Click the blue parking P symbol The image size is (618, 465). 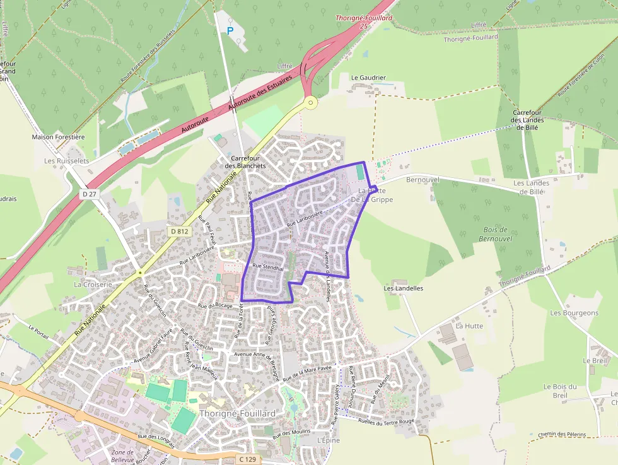(x=230, y=30)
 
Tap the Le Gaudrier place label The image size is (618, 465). (x=368, y=78)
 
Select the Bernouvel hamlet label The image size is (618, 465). (x=423, y=180)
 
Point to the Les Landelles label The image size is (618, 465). (x=404, y=288)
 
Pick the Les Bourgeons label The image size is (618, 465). (x=574, y=313)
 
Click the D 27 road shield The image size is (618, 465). (x=90, y=194)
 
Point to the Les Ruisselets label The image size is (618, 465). (x=66, y=161)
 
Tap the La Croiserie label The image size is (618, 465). (x=93, y=285)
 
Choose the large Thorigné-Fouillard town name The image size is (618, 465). (x=237, y=413)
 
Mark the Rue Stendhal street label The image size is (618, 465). (x=269, y=267)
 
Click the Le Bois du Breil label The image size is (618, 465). (x=560, y=391)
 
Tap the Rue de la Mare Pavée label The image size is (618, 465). (x=307, y=374)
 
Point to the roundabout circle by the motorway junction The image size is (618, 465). (x=310, y=101)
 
